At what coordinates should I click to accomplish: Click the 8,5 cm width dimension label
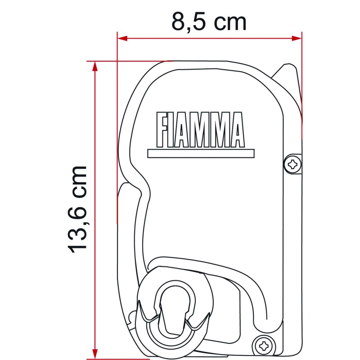pyautogui.click(x=209, y=21)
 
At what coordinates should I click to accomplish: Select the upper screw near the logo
pyautogui.click(x=293, y=163)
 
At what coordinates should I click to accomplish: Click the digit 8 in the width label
pyautogui.click(x=179, y=21)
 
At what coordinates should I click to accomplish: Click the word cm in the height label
pyautogui.click(x=77, y=179)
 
